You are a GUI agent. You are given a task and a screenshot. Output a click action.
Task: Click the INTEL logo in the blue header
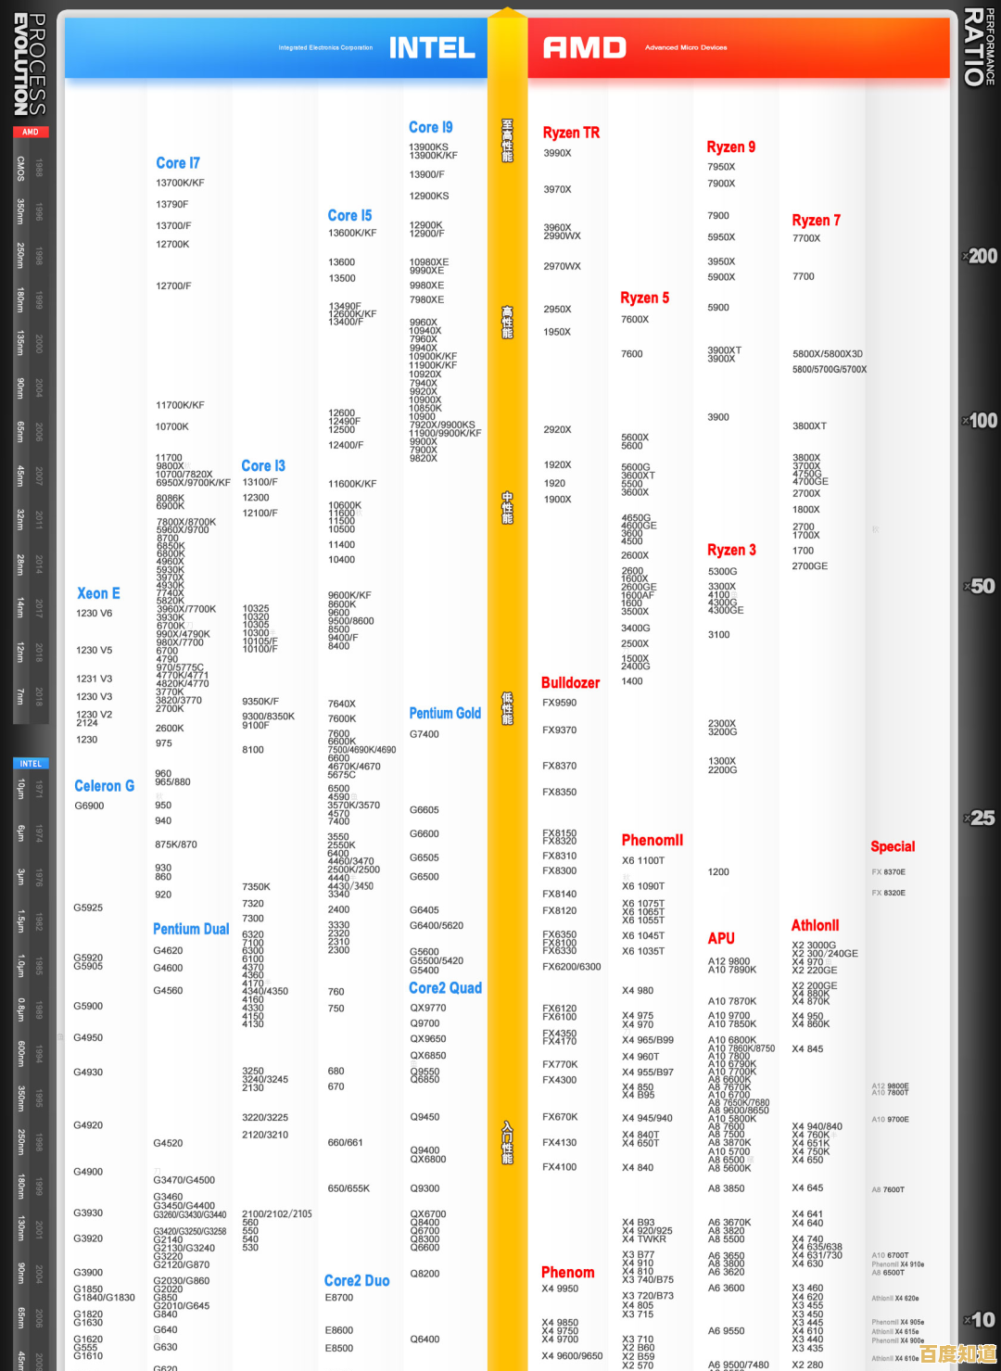pyautogui.click(x=432, y=47)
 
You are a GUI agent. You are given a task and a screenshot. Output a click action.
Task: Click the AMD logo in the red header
pyautogui.click(x=585, y=47)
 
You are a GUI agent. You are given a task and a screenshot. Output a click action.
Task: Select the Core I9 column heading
pyautogui.click(x=431, y=128)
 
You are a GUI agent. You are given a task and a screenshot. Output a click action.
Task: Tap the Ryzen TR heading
pyautogui.click(x=571, y=133)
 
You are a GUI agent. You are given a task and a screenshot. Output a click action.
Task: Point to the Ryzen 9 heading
pyautogui.click(x=730, y=147)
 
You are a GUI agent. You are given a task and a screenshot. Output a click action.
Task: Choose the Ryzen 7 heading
pyautogui.click(x=816, y=221)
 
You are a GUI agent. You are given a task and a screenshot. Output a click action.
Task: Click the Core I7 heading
pyautogui.click(x=178, y=163)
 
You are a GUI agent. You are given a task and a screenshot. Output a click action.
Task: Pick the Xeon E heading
pyautogui.click(x=98, y=593)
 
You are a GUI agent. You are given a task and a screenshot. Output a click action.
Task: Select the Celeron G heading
pyautogui.click(x=104, y=786)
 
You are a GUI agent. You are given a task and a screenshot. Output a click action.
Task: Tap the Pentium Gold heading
pyautogui.click(x=445, y=713)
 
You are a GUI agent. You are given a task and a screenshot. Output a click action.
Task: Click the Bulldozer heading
pyautogui.click(x=570, y=683)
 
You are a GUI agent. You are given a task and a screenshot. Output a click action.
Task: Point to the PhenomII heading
pyautogui.click(x=652, y=840)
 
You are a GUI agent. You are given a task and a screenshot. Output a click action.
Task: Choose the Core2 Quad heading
pyautogui.click(x=445, y=988)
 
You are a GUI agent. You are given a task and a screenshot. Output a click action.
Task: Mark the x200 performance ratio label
pyautogui.click(x=981, y=256)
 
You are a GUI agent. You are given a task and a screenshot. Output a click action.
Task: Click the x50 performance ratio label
pyautogui.click(x=981, y=586)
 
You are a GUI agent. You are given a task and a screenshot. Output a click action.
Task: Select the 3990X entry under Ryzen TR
pyautogui.click(x=557, y=154)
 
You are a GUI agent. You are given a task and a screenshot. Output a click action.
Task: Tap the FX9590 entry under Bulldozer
pyautogui.click(x=559, y=704)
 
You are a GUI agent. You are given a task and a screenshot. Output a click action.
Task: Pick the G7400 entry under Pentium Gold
pyautogui.click(x=424, y=734)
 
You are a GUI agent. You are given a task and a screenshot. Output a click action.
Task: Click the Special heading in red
pyautogui.click(x=893, y=846)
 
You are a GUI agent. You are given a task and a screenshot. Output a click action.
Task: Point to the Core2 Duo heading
pyautogui.click(x=357, y=1280)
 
